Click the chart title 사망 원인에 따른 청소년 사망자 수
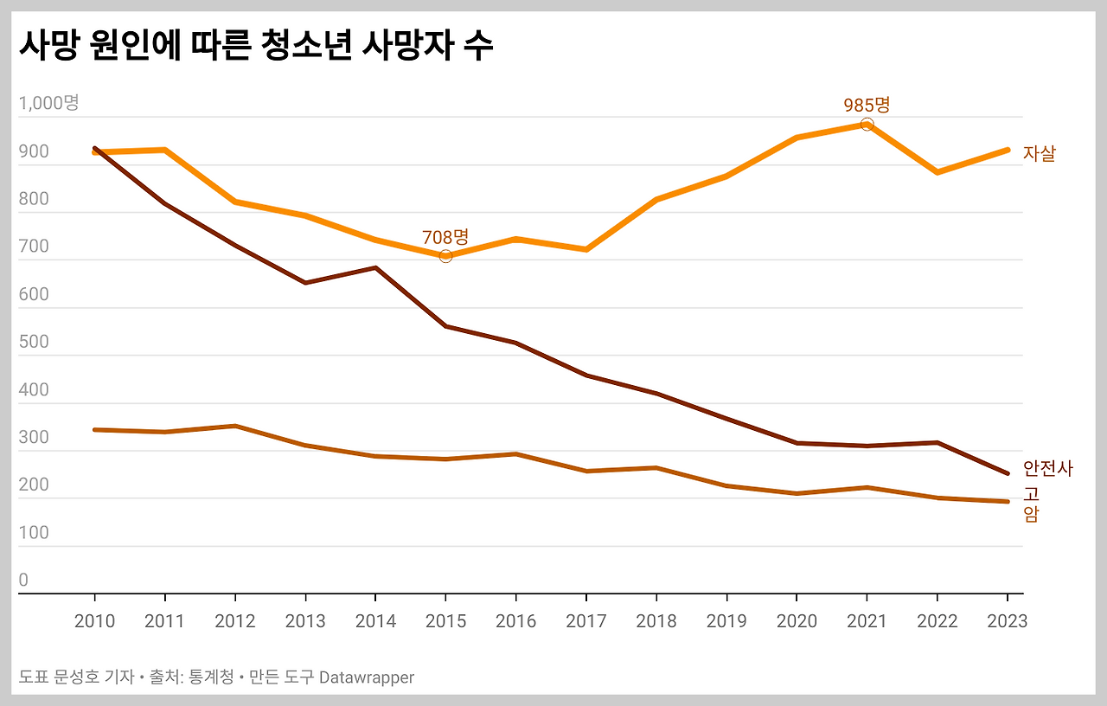coord(255,45)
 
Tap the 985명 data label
coord(867,105)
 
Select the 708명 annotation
coord(445,237)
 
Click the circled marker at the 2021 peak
coord(867,125)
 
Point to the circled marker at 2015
coord(445,256)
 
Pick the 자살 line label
coord(1040,154)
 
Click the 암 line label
coord(1031,515)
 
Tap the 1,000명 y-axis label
coord(48,103)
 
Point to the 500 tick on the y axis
coord(35,342)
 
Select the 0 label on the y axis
coord(23,580)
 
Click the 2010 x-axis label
coord(94,621)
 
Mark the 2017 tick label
coord(585,621)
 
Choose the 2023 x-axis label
coord(1007,621)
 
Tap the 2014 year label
coord(375,621)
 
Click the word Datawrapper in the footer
coord(366,677)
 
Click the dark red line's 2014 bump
coord(375,268)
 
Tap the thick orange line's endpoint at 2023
coord(1007,150)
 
